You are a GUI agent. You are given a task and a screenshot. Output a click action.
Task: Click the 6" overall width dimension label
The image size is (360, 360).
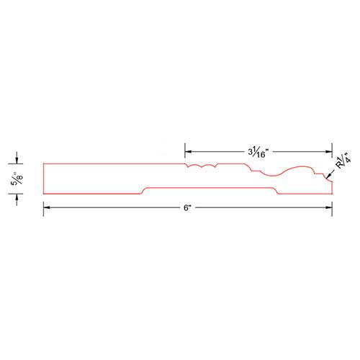click(187, 207)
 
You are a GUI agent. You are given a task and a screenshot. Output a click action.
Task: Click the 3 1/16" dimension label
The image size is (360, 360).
click(258, 153)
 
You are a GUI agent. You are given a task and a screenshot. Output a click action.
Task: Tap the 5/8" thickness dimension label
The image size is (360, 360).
click(17, 179)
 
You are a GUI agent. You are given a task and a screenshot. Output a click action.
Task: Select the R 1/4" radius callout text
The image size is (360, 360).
click(343, 160)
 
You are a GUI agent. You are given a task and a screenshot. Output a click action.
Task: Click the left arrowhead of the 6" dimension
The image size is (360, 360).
click(47, 207)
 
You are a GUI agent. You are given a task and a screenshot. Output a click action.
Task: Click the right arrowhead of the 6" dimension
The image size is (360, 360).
click(329, 207)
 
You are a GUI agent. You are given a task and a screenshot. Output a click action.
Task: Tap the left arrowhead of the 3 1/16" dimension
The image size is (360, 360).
click(188, 151)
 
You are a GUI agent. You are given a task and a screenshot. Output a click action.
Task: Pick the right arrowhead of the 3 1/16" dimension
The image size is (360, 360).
click(329, 151)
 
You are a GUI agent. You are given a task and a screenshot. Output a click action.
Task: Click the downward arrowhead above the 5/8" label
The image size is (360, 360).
click(17, 161)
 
